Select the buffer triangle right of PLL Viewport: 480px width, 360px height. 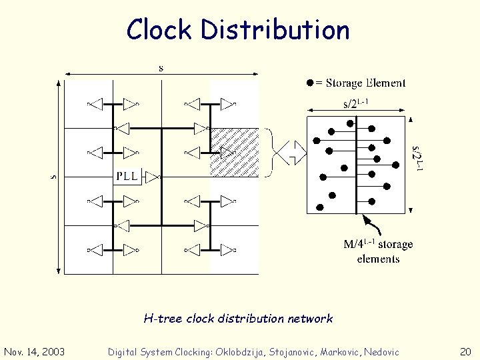pos(153,177)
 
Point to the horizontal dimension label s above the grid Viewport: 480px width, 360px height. pos(161,67)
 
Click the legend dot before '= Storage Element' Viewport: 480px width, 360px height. pos(309,83)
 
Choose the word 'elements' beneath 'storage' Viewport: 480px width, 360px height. pos(378,259)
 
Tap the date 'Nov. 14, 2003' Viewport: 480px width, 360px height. pos(35,352)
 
